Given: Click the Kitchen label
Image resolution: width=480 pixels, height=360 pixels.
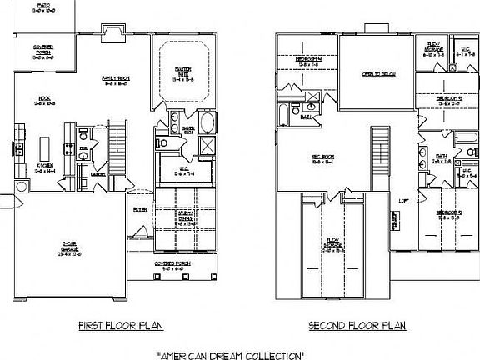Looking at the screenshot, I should click(x=46, y=170).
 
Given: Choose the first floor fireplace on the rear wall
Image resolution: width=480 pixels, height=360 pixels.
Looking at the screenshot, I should click(x=110, y=32).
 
